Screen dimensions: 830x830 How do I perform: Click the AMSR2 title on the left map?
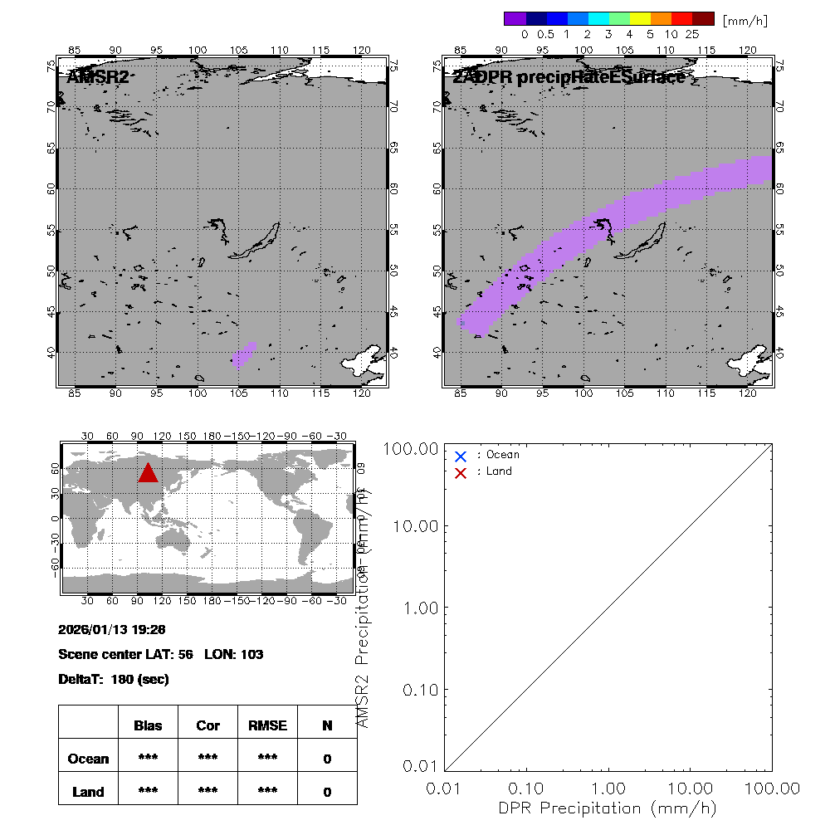tap(99, 77)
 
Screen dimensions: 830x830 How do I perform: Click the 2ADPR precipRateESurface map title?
tap(569, 77)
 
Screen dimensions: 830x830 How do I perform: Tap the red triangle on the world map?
tap(148, 473)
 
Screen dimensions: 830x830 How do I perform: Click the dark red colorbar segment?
tap(704, 18)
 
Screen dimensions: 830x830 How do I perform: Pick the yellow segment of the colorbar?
tap(640, 18)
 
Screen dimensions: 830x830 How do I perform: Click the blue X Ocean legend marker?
tap(461, 456)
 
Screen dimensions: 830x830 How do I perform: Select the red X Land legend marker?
tap(461, 472)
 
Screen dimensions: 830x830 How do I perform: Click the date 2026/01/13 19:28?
tap(112, 629)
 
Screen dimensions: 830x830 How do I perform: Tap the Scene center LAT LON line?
tap(161, 654)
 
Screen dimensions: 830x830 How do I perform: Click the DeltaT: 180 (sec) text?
tap(114, 679)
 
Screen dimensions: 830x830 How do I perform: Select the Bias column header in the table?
tap(148, 725)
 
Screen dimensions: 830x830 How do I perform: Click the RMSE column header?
tap(267, 725)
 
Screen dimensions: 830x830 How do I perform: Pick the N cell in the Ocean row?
tap(327, 759)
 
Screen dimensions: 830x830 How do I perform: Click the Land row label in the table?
tap(89, 792)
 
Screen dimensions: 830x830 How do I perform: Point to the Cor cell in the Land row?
tap(207, 792)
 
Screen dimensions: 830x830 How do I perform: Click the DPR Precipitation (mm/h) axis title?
tap(609, 808)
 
